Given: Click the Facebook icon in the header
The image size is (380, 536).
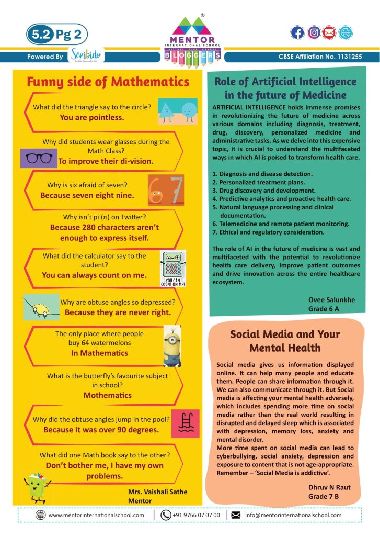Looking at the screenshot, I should click(297, 32).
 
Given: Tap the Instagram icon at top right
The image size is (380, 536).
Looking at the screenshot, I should click(314, 32).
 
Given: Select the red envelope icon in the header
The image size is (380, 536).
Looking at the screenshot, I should click(329, 32).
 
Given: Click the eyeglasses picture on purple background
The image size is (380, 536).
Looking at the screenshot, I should click(38, 158).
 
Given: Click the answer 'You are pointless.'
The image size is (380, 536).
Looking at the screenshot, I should click(92, 118).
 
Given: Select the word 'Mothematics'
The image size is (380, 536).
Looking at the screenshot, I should click(107, 395).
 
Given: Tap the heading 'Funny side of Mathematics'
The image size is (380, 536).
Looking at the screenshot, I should click(108, 82).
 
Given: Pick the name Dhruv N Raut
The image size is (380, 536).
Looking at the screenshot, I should click(329, 487).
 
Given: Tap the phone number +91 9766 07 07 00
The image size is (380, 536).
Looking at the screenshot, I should click(195, 515).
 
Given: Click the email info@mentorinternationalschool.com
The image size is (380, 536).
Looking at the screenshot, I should click(293, 515).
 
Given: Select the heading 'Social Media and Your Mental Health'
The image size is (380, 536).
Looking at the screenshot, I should click(285, 340).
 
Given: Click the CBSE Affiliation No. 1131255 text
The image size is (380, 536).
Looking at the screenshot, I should click(320, 57).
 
